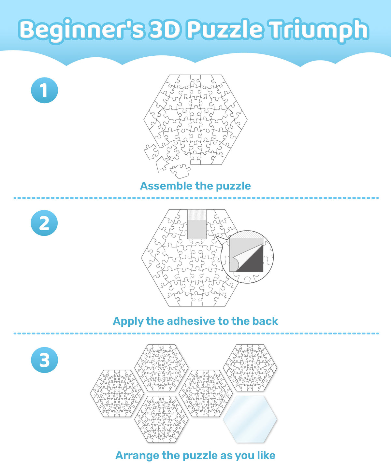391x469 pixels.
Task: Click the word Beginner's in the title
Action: point(81,30)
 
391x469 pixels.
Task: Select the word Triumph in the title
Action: point(319,30)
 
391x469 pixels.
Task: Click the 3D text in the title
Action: point(165,29)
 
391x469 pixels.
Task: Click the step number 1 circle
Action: point(44,90)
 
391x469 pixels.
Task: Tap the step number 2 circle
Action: point(44,223)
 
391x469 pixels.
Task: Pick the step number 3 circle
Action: point(44,360)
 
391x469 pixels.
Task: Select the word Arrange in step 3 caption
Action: point(137,456)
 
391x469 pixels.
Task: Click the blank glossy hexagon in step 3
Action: point(250,419)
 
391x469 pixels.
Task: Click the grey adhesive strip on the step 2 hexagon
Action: point(197,224)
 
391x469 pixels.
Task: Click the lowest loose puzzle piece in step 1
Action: point(180,171)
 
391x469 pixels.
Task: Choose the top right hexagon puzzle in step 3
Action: point(250,368)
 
